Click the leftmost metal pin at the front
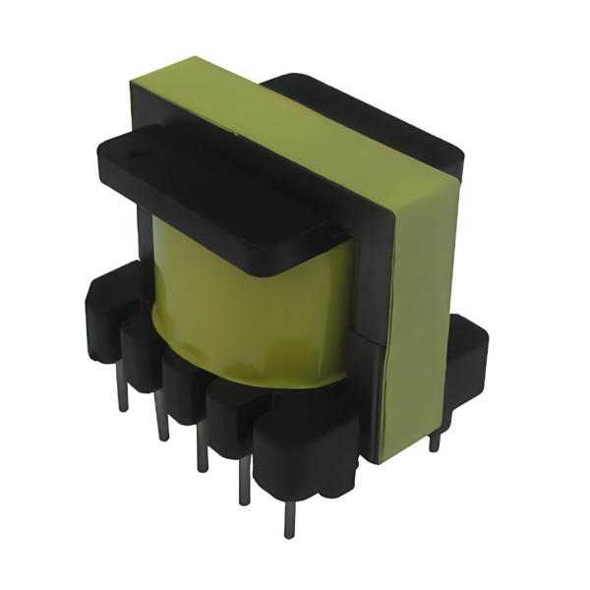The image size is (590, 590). [x=122, y=392]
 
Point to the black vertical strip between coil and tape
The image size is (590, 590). [x=367, y=295]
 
